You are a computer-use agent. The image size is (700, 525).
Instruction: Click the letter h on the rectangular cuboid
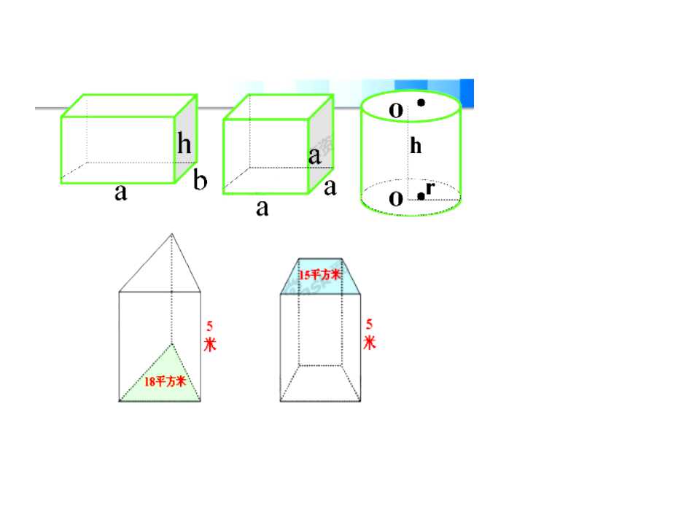pyautogui.click(x=184, y=143)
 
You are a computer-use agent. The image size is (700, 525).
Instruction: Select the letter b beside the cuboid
pyautogui.click(x=200, y=180)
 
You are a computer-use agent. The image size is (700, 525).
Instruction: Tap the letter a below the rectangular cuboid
pyautogui.click(x=121, y=193)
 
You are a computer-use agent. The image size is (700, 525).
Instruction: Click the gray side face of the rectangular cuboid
pyautogui.click(x=186, y=139)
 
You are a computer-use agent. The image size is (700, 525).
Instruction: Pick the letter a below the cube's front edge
pyautogui.click(x=262, y=209)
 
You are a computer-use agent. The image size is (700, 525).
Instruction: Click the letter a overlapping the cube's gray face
pyautogui.click(x=315, y=157)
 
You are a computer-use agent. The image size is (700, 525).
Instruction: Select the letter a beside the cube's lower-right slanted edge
pyautogui.click(x=330, y=188)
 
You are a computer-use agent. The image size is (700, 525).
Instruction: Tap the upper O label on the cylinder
pyautogui.click(x=396, y=110)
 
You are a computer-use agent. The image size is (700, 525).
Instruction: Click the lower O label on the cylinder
pyautogui.click(x=396, y=198)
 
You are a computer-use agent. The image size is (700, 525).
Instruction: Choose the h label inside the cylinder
pyautogui.click(x=416, y=146)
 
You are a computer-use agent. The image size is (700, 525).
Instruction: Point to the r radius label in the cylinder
pyautogui.click(x=430, y=188)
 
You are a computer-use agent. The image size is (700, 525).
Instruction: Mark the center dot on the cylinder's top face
pyautogui.click(x=421, y=103)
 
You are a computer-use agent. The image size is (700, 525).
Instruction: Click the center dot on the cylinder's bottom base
pyautogui.click(x=421, y=196)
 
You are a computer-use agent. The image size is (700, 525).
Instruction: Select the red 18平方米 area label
pyautogui.click(x=165, y=381)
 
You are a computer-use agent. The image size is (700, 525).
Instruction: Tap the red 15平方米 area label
pyautogui.click(x=319, y=275)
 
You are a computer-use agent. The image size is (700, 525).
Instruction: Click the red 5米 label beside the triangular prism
pyautogui.click(x=210, y=336)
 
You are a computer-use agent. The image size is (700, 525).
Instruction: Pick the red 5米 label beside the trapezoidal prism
pyautogui.click(x=369, y=334)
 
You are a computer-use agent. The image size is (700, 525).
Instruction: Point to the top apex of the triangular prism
pyautogui.click(x=171, y=234)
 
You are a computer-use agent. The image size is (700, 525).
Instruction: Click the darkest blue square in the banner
pyautogui.click(x=467, y=93)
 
